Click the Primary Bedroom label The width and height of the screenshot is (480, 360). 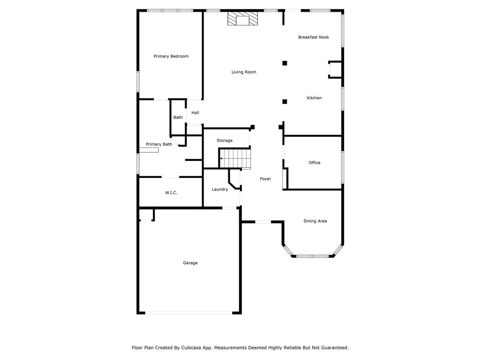[171, 56]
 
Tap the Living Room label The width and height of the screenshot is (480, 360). [244, 72]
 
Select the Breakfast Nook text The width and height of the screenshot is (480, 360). [314, 37]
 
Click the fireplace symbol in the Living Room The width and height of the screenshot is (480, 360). [243, 19]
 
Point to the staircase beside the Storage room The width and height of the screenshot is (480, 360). [236, 158]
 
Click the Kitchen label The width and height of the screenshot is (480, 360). [314, 98]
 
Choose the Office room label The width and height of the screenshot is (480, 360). [315, 163]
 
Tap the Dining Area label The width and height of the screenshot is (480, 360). [315, 221]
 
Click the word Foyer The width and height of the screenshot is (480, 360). [265, 179]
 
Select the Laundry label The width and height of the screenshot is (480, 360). [220, 189]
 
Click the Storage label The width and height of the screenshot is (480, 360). [225, 141]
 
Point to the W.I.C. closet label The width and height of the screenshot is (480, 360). [171, 193]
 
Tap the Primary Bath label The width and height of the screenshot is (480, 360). [159, 144]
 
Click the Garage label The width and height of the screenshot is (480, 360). [190, 263]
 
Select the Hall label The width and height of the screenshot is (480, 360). [195, 112]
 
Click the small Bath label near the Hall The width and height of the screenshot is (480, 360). [178, 117]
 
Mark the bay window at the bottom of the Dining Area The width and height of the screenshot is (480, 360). [312, 256]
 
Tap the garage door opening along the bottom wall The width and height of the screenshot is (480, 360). [188, 313]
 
